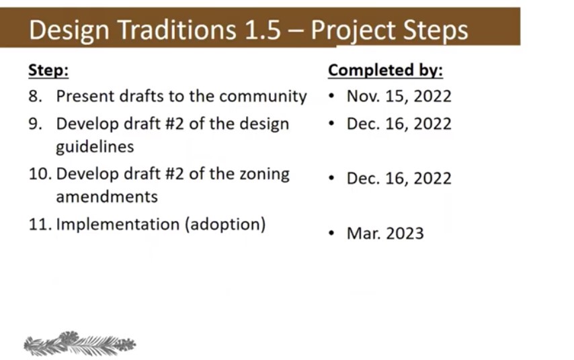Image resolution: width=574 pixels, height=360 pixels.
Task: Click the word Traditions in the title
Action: click(177, 30)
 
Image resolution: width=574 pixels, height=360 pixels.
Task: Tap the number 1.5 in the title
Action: click(263, 30)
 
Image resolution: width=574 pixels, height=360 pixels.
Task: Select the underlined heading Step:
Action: click(48, 70)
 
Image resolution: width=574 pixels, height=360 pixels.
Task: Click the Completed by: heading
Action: click(385, 70)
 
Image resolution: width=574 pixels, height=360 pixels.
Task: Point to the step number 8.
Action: click(35, 96)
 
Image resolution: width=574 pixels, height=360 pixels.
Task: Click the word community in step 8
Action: click(263, 97)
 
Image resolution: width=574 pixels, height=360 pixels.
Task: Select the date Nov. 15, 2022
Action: click(399, 96)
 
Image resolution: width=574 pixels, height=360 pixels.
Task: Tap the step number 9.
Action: click(35, 124)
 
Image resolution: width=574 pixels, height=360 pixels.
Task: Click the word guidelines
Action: click(95, 147)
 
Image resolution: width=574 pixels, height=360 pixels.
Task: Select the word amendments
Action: click(107, 197)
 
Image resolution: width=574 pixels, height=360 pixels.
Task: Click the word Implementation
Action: click(118, 224)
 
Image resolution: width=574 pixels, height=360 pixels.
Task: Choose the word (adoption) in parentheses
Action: click(226, 224)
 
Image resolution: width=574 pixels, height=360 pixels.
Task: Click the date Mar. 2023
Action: click(385, 234)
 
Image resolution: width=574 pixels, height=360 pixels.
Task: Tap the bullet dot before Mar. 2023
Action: click(331, 233)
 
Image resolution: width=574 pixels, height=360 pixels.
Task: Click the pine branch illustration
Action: click(80, 343)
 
